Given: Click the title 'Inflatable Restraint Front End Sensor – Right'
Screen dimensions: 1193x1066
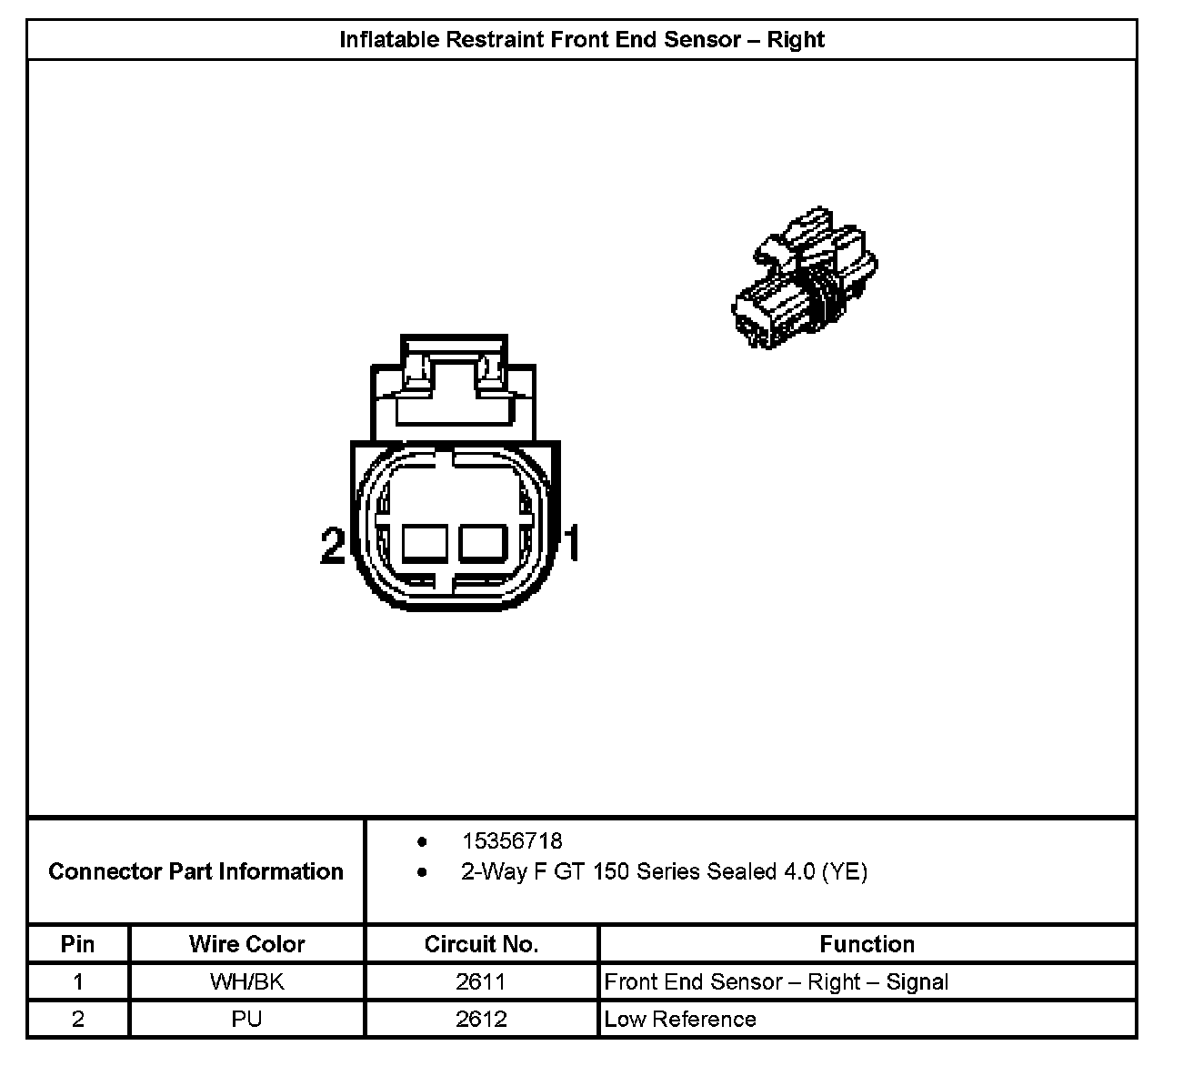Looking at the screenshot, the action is [582, 40].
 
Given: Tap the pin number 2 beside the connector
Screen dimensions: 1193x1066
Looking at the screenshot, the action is [333, 545].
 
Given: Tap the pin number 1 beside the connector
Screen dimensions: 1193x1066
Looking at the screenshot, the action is [572, 544].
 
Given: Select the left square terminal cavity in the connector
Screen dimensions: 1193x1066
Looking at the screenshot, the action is [424, 544].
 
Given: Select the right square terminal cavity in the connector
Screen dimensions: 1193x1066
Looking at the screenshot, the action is [482, 544].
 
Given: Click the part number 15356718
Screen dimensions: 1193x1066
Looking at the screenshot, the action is [512, 841].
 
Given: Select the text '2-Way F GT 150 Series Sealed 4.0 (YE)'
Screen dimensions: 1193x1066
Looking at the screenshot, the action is [664, 871].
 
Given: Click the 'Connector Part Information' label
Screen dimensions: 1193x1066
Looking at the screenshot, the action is [195, 871].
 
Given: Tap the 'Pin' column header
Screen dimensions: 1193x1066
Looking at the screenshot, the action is [77, 944].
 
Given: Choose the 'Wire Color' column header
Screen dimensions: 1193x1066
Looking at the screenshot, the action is [246, 944].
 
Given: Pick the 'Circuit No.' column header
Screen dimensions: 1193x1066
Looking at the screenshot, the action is [481, 944].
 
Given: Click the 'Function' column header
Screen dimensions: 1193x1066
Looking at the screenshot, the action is [867, 944].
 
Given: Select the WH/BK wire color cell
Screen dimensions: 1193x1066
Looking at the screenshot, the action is [246, 982].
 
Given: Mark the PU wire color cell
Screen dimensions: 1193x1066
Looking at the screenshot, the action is [246, 1019].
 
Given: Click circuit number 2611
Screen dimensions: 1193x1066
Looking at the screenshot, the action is [481, 982].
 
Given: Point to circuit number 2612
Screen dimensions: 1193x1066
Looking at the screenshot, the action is [481, 1019].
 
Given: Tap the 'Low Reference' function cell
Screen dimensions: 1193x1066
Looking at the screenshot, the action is [680, 1019].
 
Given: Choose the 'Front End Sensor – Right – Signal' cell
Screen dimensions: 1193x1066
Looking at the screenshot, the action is [776, 982].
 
